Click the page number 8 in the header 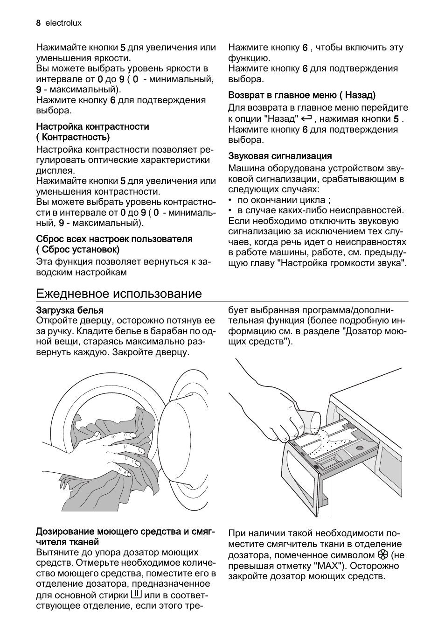[38, 23]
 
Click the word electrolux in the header [63, 23]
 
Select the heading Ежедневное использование [119, 294]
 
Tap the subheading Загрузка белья [70, 310]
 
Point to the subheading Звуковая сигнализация [280, 156]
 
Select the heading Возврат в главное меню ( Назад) [302, 95]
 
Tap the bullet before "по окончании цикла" [230, 200]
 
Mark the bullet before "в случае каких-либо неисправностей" [230, 211]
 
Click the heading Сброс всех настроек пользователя [114, 239]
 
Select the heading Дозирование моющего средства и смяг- [125, 532]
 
